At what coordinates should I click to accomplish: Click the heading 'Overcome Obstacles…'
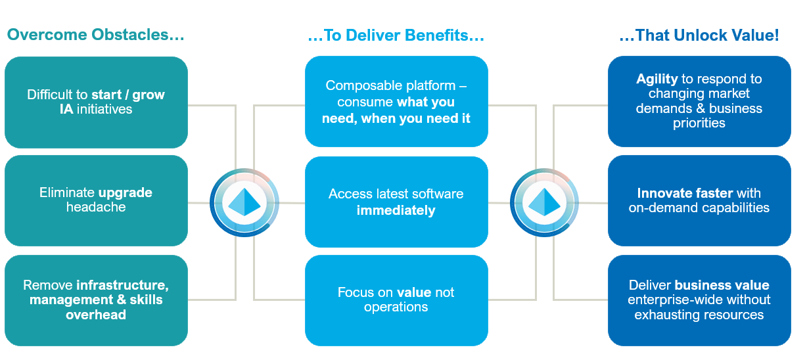(x=95, y=35)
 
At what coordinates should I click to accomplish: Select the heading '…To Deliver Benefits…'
(x=396, y=35)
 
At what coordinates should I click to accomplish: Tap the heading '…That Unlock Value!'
(x=699, y=35)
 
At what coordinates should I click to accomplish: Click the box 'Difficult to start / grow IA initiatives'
(x=96, y=102)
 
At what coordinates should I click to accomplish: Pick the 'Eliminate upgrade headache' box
(x=96, y=200)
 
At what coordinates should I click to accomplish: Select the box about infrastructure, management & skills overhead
(x=96, y=300)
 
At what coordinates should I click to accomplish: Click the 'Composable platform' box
(x=396, y=102)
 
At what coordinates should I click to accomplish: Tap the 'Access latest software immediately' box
(x=396, y=202)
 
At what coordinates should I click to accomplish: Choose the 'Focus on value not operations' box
(x=396, y=300)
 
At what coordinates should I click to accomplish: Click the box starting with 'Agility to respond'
(x=699, y=102)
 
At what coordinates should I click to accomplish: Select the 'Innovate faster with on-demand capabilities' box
(x=699, y=200)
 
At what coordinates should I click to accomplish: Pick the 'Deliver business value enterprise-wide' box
(x=699, y=300)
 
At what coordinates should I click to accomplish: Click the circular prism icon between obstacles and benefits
(x=244, y=202)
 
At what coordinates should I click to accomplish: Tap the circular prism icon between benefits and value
(x=544, y=202)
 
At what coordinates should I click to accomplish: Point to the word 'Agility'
(x=657, y=79)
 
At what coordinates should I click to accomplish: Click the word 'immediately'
(x=396, y=210)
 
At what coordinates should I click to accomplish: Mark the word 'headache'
(x=96, y=207)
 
